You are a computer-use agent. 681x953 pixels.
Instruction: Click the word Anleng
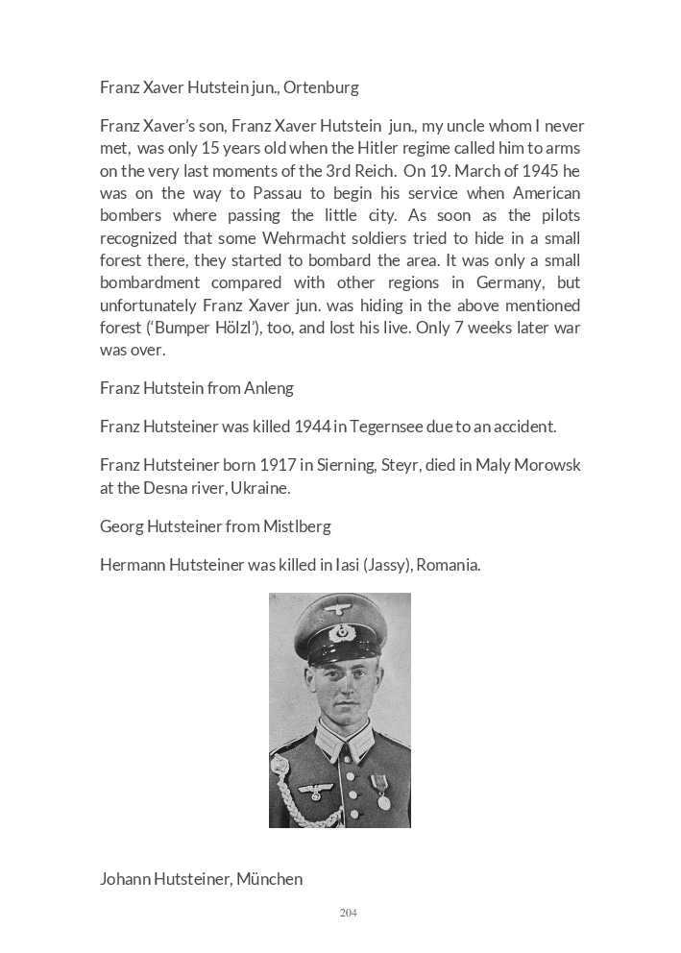click(270, 388)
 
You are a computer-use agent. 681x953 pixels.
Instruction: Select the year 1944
click(313, 427)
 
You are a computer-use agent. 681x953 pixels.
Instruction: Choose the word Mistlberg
click(297, 526)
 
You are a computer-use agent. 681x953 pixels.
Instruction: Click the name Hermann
click(133, 565)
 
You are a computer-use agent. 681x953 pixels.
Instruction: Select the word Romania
click(449, 565)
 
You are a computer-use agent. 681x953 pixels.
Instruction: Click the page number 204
click(349, 913)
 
